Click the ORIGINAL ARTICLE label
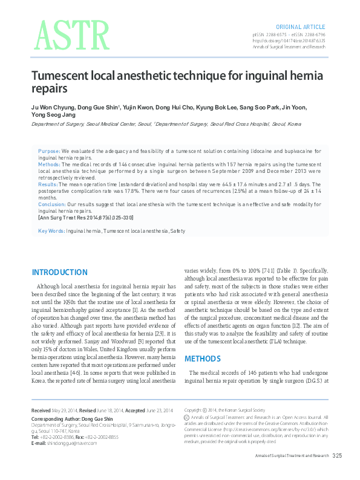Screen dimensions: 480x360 tap(301, 27)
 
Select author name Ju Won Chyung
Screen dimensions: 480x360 tap(53, 108)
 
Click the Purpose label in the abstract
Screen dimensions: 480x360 tap(48, 151)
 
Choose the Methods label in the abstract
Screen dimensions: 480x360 tap(49, 164)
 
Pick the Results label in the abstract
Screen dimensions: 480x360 tap(48, 184)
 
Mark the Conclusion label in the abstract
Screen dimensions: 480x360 tap(51, 204)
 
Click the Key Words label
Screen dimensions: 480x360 tap(51, 231)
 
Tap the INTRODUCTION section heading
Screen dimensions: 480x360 tap(59, 273)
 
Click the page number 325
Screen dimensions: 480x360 tap(337, 455)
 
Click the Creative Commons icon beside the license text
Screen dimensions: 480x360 tap(186, 417)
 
